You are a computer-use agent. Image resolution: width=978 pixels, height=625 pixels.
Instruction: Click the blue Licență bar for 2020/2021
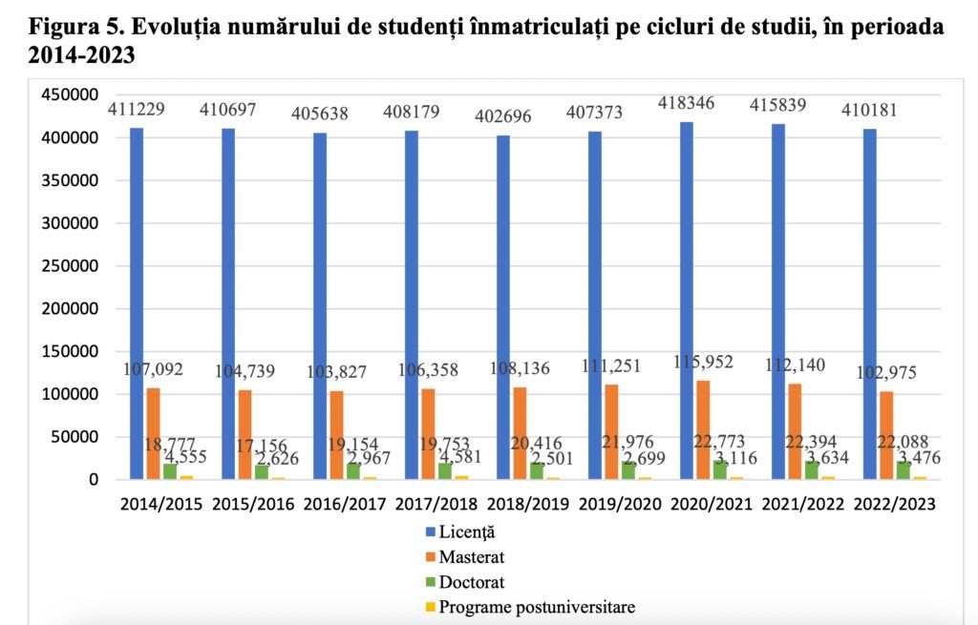(x=687, y=301)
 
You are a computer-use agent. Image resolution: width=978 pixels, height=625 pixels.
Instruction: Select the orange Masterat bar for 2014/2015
(x=153, y=434)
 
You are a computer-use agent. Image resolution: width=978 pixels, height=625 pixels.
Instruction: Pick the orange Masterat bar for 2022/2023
(x=885, y=436)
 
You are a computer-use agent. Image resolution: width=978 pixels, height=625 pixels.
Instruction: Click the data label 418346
(x=686, y=102)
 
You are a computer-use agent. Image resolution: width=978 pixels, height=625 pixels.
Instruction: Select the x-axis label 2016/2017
(x=345, y=503)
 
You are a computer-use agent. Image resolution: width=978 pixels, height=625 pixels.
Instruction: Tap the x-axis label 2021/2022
(x=803, y=503)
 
